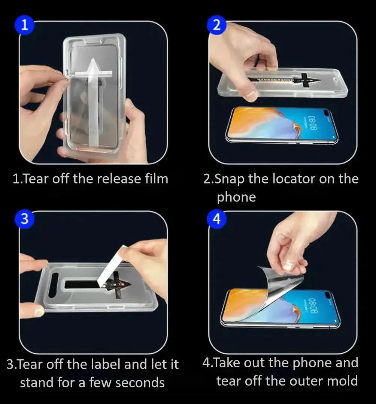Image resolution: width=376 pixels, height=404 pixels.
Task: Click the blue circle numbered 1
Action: tap(25, 25)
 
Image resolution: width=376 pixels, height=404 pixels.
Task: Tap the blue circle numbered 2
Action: tap(216, 25)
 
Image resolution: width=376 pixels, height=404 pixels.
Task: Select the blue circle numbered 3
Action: tap(24, 219)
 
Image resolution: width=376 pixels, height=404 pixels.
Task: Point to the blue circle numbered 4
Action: tap(217, 219)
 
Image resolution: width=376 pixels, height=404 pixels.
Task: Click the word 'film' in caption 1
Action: tap(157, 179)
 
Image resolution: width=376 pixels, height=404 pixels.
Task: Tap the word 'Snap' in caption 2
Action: tap(230, 179)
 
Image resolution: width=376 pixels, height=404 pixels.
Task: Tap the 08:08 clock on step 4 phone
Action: tap(313, 306)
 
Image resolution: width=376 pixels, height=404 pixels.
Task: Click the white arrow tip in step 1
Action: tap(93, 59)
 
